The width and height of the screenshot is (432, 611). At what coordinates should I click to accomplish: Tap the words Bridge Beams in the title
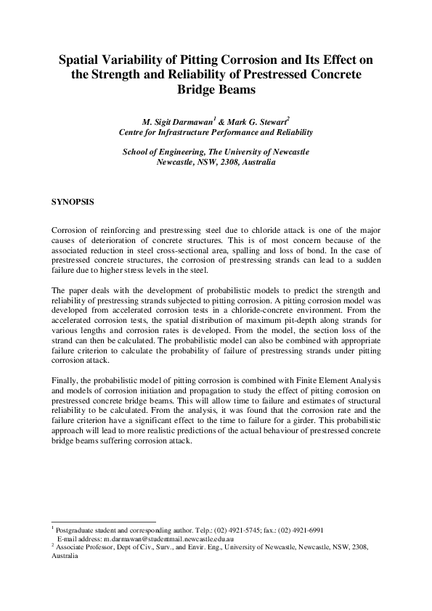216,91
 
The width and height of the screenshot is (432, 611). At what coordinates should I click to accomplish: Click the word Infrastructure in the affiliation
192,133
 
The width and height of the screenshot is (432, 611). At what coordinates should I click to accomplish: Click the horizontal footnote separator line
103,522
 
